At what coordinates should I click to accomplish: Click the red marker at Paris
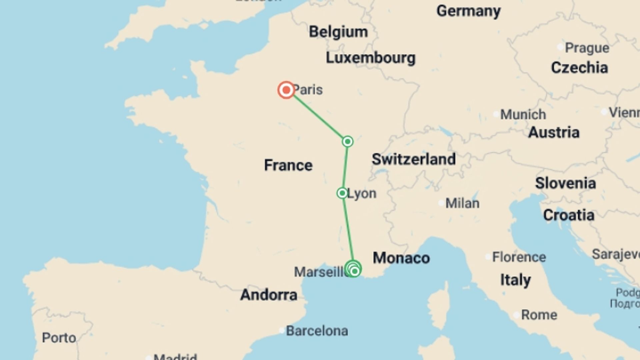click(x=286, y=90)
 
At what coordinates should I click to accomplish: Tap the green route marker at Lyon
click(x=342, y=193)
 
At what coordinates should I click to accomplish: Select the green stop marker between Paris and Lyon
click(x=347, y=142)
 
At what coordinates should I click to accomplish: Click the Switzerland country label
click(x=413, y=159)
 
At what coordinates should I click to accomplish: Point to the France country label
click(x=288, y=165)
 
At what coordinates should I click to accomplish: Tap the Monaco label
click(x=401, y=258)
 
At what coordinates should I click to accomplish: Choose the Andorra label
click(x=269, y=295)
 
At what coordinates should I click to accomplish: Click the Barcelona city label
click(x=317, y=331)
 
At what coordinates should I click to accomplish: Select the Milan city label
click(x=462, y=203)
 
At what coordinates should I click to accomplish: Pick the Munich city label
click(x=523, y=115)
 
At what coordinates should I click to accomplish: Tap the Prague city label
click(x=587, y=48)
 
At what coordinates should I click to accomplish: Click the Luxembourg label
click(x=370, y=58)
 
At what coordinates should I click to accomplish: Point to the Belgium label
click(x=338, y=32)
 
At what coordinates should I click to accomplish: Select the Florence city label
click(x=519, y=257)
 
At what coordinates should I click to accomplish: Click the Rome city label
click(x=539, y=315)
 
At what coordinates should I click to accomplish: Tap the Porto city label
click(x=59, y=338)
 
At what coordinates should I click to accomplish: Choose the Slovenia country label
click(x=565, y=183)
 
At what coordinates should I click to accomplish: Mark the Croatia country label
click(x=569, y=215)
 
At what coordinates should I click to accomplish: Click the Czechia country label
click(x=579, y=68)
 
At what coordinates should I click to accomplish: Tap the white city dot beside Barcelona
click(x=282, y=331)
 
